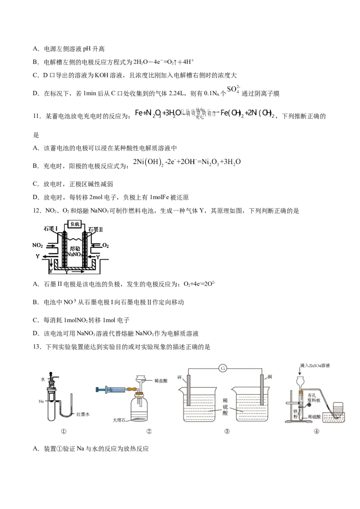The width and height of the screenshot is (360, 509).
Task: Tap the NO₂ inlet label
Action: [38, 246]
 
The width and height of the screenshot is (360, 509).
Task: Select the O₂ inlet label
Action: [105, 246]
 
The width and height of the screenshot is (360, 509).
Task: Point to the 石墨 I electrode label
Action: [51, 228]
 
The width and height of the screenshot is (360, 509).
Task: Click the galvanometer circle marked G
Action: [222, 369]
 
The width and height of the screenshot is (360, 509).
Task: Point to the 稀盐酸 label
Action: [160, 380]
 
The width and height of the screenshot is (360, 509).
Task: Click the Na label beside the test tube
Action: [40, 400]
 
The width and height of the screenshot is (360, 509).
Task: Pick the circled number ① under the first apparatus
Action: [63, 431]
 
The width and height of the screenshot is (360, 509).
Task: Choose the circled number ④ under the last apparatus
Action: [316, 431]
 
